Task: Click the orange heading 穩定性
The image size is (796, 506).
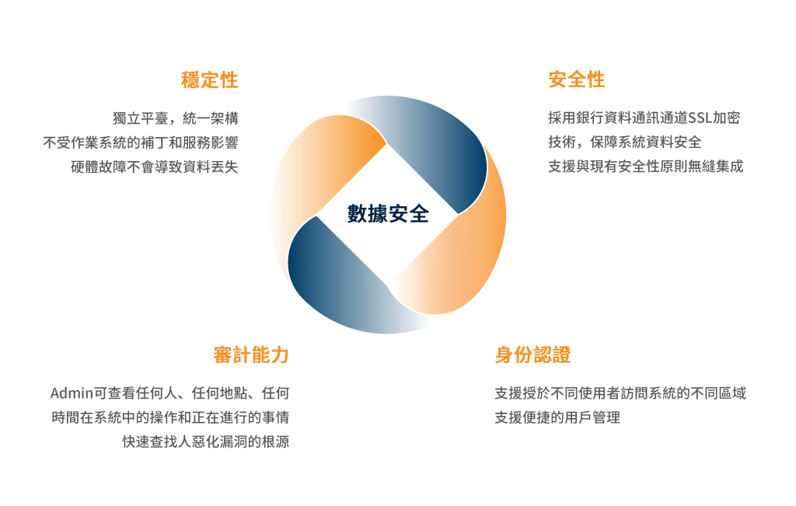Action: pos(210,80)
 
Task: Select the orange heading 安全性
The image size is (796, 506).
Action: pos(577,79)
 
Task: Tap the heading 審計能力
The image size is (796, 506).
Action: pos(251,354)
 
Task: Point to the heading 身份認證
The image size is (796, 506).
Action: pos(533,354)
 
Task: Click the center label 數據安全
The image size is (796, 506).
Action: pos(389,213)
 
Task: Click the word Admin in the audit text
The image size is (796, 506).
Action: pos(72,393)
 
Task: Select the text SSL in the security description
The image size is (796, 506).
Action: pos(700,118)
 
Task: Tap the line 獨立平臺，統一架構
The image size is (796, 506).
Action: pos(176,118)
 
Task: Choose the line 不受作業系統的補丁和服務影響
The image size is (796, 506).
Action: pos(141,142)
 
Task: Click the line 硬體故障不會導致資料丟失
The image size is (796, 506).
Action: pos(155,167)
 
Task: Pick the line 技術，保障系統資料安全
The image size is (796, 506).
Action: pos(625,142)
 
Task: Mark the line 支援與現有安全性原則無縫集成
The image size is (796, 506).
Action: pos(646,167)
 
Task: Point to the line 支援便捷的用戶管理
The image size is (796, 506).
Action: pos(557,417)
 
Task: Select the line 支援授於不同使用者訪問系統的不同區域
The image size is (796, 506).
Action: pos(620,393)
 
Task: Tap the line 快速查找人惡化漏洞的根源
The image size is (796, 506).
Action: pos(205,441)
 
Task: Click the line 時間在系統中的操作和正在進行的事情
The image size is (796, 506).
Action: pos(170,417)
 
